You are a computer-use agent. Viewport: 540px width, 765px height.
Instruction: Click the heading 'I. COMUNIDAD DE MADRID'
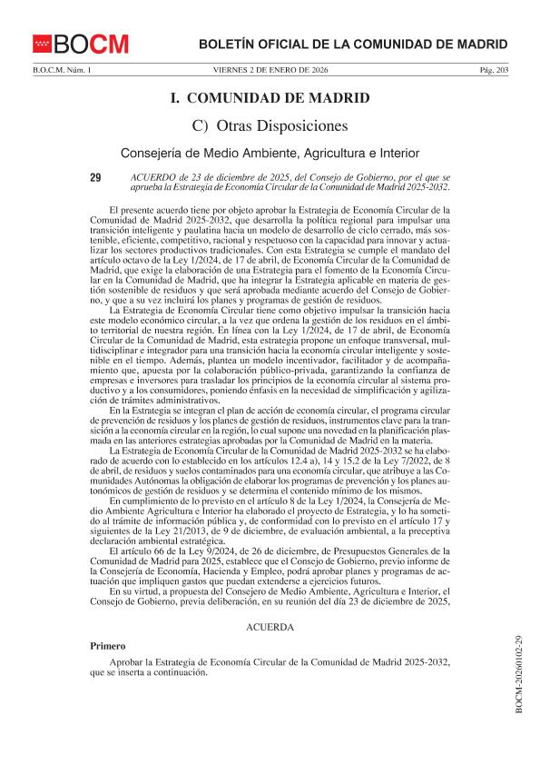pyautogui.click(x=270, y=98)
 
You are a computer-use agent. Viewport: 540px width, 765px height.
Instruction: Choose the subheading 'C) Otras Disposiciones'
pyautogui.click(x=270, y=124)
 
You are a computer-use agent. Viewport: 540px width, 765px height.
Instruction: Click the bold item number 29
pyautogui.click(x=94, y=177)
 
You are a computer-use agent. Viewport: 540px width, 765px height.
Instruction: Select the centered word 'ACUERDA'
pyautogui.click(x=270, y=627)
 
